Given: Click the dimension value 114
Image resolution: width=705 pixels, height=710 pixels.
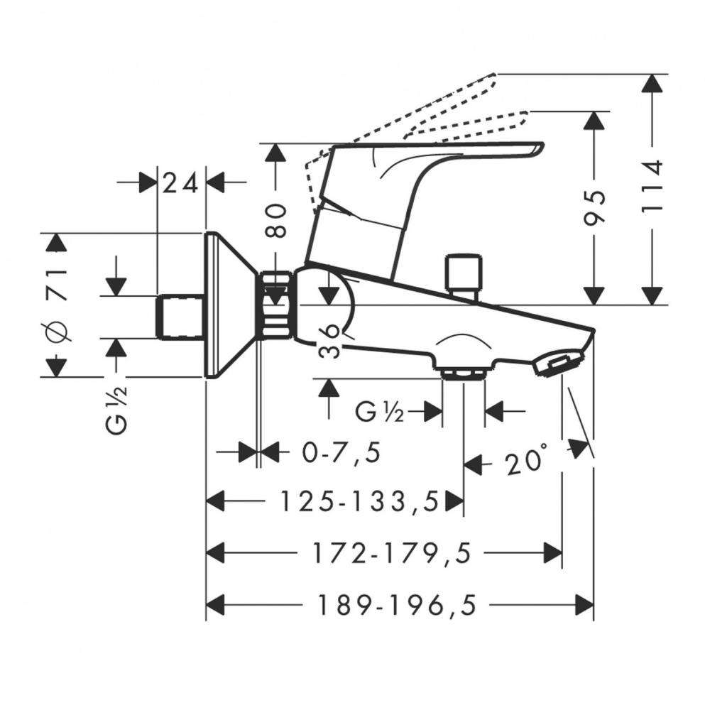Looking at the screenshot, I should tap(650, 186).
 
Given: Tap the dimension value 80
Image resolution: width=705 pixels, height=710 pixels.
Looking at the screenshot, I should tap(277, 220).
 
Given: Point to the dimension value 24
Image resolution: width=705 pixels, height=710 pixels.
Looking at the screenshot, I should tap(180, 183).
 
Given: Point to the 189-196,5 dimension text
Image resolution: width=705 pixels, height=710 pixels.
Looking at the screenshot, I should tap(395, 605).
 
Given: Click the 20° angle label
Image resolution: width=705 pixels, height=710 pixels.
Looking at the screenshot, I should tap(527, 464).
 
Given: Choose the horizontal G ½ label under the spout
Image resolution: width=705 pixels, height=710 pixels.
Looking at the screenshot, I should tap(381, 412).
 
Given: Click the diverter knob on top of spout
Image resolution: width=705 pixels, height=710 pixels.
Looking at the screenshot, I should tap(462, 273).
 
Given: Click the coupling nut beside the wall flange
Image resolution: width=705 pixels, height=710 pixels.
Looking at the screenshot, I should tap(277, 305).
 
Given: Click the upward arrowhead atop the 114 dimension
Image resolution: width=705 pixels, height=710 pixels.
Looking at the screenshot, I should tap(650, 84).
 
